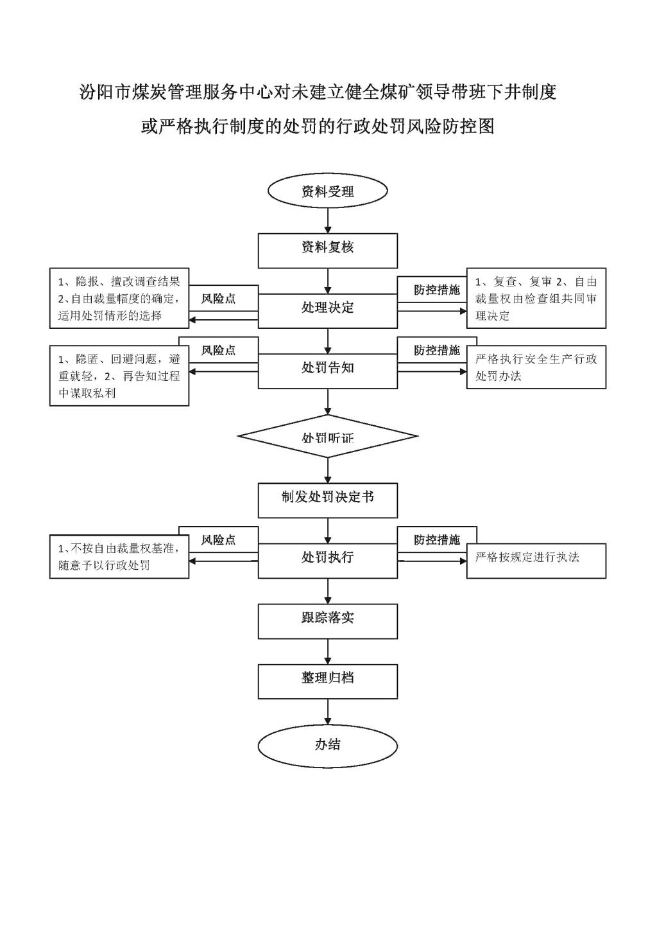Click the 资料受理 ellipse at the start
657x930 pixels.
click(x=328, y=191)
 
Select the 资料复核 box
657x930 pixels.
click(x=328, y=250)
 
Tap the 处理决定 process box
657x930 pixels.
click(x=328, y=311)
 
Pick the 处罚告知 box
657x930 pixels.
click(x=328, y=371)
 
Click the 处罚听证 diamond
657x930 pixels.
click(x=328, y=436)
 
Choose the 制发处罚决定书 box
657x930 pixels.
click(x=328, y=500)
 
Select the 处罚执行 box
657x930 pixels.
click(x=328, y=561)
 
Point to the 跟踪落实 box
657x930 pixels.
click(x=328, y=622)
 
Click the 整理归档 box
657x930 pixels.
click(x=328, y=681)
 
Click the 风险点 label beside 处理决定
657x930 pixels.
click(x=218, y=299)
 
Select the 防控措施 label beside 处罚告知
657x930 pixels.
click(x=437, y=350)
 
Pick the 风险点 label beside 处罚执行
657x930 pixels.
click(x=218, y=540)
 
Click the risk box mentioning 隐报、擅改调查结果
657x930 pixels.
click(x=119, y=298)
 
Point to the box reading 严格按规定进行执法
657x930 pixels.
click(x=536, y=561)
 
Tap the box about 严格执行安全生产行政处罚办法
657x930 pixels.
click(x=536, y=367)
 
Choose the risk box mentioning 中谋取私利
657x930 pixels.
click(x=119, y=376)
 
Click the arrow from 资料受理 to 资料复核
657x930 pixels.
click(x=328, y=220)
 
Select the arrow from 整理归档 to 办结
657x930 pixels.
click(x=328, y=712)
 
